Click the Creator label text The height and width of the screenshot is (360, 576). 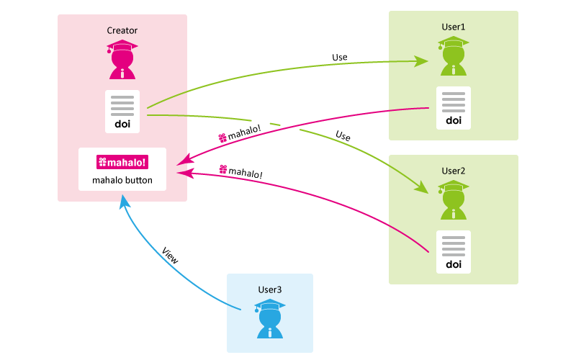122,30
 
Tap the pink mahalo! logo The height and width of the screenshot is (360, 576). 122,162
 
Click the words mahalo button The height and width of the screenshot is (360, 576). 122,180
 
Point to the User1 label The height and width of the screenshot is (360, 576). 454,27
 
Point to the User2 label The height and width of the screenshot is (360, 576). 454,171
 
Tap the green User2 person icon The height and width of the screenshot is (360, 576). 454,201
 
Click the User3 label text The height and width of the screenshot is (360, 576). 270,289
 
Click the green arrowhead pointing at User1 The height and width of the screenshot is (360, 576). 423,62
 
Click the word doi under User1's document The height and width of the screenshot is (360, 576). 454,120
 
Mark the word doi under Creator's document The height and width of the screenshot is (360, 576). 122,124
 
